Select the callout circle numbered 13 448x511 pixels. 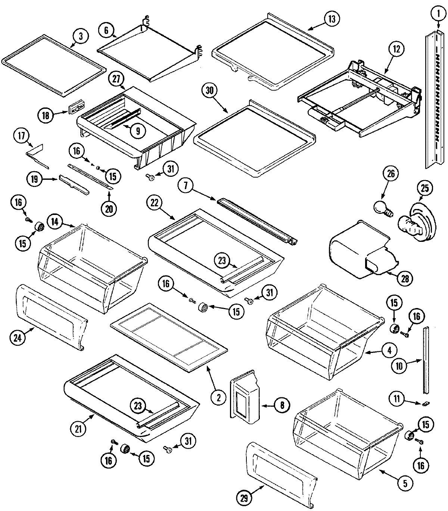click(x=332, y=19)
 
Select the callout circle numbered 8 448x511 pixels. click(x=282, y=405)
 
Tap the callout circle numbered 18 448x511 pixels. click(x=46, y=116)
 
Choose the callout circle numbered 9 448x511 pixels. click(x=138, y=130)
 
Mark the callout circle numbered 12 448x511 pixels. click(x=396, y=48)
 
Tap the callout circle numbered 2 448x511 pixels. click(x=219, y=397)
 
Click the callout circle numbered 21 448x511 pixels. click(x=78, y=429)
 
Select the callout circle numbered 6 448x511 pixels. click(x=107, y=30)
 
